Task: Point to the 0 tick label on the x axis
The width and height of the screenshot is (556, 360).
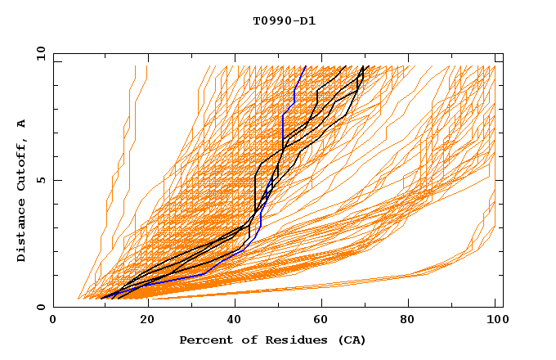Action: click(53, 321)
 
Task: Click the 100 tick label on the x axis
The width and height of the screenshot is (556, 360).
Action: click(495, 321)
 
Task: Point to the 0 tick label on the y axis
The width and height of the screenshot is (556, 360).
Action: click(41, 308)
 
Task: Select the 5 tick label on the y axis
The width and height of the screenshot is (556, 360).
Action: click(41, 180)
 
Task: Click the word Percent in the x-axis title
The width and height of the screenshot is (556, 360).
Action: click(201, 340)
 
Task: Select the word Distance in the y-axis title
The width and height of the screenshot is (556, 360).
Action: click(22, 232)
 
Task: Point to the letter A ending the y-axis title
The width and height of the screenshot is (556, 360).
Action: click(22, 123)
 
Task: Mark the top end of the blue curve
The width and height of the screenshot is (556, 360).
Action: click(306, 66)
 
